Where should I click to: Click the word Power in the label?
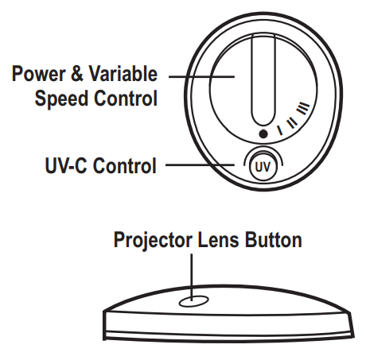[x=38, y=74]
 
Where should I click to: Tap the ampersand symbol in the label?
[x=77, y=74]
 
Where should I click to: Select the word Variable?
[x=123, y=73]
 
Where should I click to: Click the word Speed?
[x=61, y=98]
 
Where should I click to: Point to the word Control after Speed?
[x=126, y=98]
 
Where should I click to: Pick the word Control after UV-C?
[x=125, y=165]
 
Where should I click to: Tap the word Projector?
[x=153, y=240]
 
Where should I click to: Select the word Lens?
[x=218, y=240]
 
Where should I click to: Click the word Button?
[x=273, y=240]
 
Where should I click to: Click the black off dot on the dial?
[x=263, y=134]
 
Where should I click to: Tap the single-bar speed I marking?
[x=279, y=130]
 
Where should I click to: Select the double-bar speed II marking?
[x=292, y=122]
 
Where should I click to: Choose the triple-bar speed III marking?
[x=303, y=108]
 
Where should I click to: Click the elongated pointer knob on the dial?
[x=263, y=79]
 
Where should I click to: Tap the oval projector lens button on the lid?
[x=193, y=301]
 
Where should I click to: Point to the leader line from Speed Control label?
[x=201, y=76]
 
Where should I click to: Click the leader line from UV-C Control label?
[x=200, y=165]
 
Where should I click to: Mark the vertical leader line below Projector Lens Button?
[x=192, y=277]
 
